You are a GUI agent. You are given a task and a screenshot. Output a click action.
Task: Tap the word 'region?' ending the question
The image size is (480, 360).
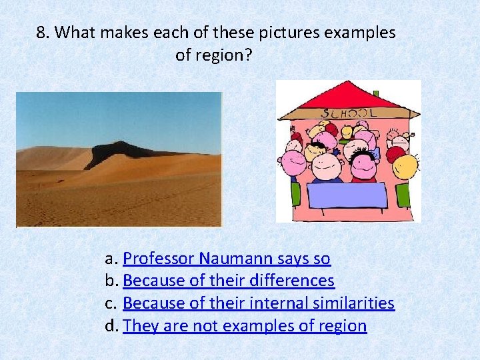coord(213,55)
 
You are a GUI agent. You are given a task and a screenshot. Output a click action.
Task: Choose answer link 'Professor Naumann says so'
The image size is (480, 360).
coord(227,258)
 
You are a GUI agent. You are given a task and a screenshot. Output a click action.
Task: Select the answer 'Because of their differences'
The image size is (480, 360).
coord(229,281)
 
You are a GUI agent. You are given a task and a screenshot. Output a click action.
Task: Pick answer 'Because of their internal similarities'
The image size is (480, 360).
coord(259,303)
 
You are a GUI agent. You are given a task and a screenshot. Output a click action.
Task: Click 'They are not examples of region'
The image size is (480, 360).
coord(245,326)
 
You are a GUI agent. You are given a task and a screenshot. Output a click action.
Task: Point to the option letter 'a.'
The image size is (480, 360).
coord(111,259)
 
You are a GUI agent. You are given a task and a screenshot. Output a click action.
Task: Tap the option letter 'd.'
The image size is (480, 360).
coord(111,327)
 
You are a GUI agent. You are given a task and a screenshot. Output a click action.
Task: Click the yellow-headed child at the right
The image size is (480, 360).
coord(406,166)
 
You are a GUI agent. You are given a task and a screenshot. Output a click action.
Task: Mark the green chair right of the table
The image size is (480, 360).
coord(403,195)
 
